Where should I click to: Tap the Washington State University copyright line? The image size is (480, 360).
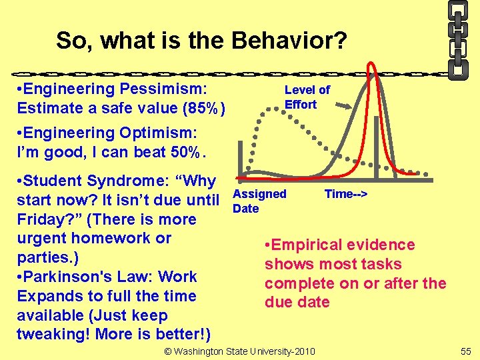240,351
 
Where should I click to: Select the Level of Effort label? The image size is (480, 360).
307,97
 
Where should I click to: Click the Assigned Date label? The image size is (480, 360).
259,201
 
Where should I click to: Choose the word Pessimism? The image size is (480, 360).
164,89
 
